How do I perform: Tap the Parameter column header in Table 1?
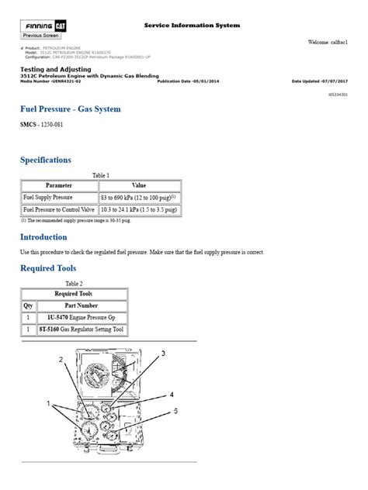click(58, 186)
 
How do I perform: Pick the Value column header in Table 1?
click(138, 186)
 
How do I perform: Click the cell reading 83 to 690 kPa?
click(138, 198)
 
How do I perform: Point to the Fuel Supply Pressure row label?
click(50, 198)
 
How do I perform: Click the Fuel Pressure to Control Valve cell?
click(58, 209)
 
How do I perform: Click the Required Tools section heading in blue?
click(50, 268)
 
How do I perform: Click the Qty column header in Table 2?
click(28, 305)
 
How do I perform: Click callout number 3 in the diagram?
click(163, 354)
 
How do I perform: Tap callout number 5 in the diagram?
click(175, 411)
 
